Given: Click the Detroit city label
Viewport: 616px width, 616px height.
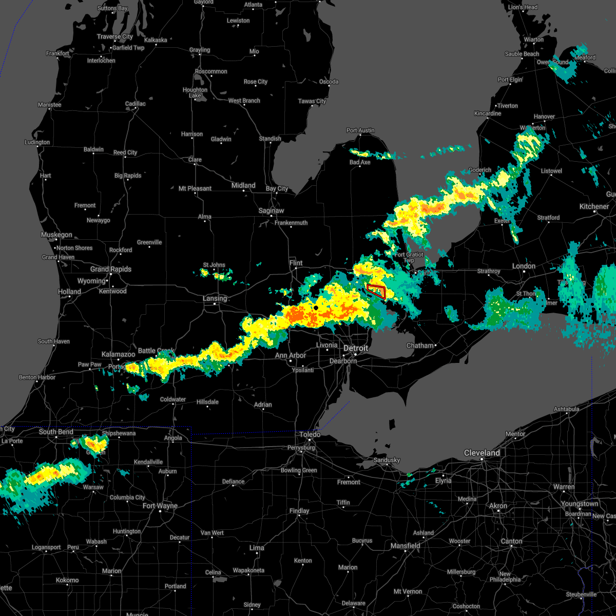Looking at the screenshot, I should click(x=356, y=348).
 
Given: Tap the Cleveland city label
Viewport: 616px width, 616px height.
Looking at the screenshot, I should click(x=482, y=453).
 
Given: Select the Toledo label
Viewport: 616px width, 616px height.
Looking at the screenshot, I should click(x=310, y=434).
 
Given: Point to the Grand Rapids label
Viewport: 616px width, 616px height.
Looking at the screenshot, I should click(x=111, y=269).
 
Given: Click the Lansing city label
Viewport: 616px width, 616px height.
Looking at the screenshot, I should click(x=215, y=298).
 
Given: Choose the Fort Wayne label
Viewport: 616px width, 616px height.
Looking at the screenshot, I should click(x=160, y=506).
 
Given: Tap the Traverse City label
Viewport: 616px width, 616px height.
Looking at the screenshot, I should click(x=115, y=36).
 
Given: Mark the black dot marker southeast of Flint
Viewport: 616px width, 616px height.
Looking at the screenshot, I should click(x=316, y=307).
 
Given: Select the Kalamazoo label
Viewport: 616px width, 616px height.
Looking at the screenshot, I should click(x=118, y=354).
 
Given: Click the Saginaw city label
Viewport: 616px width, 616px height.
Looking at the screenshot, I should click(x=271, y=210).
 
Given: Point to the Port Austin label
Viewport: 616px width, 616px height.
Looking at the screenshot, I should click(x=360, y=130).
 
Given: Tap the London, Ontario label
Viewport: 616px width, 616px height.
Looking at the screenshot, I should click(x=524, y=266).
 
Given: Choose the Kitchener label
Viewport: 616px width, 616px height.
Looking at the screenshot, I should click(x=594, y=206).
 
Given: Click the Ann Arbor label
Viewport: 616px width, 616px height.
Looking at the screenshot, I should click(x=290, y=355).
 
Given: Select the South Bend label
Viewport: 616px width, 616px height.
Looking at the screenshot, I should click(x=56, y=432).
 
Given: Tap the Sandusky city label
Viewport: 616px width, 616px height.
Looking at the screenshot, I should click(x=387, y=460).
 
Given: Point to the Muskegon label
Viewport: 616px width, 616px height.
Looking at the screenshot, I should click(x=56, y=235).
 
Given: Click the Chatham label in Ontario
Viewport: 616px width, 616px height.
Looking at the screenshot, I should click(x=420, y=345).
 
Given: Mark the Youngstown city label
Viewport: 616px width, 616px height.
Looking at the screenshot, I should click(x=579, y=504).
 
